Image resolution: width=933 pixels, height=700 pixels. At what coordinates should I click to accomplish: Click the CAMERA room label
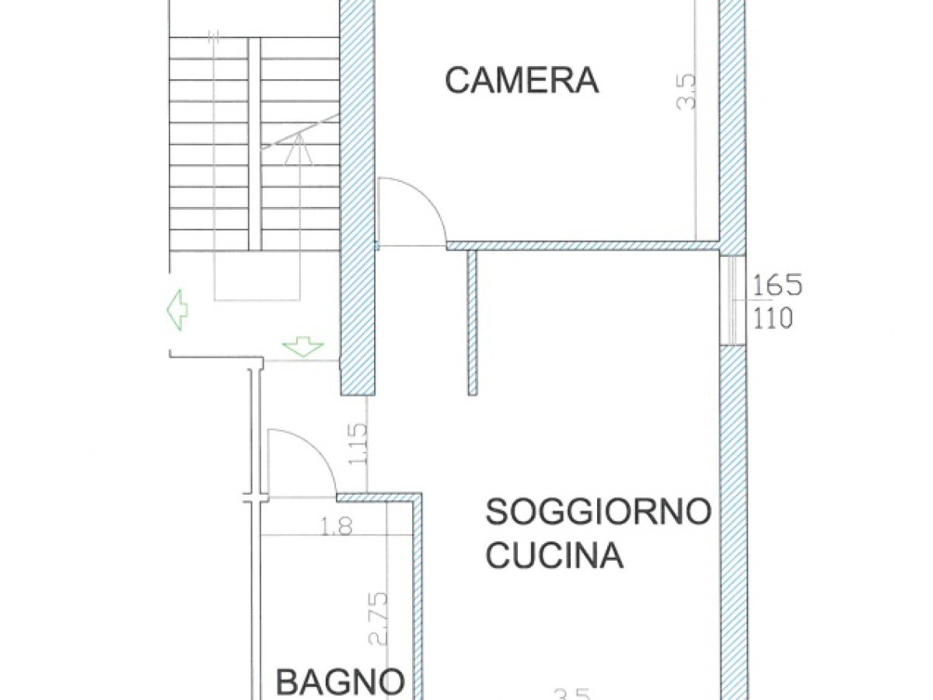point(521,80)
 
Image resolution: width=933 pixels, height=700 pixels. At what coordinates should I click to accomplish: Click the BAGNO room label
point(341,683)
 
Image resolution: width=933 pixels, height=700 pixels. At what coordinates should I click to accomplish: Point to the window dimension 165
point(776,285)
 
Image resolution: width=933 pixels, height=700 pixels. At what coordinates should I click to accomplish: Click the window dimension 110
point(772,318)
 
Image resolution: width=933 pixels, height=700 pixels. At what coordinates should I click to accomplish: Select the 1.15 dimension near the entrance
point(358,444)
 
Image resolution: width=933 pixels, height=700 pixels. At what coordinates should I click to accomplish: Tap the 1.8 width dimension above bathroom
point(335,527)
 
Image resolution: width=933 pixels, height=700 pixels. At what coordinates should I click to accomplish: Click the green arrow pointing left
point(177,309)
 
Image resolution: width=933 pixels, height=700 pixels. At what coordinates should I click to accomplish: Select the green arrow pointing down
point(302,346)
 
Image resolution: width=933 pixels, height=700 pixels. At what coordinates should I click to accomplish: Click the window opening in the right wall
point(732,299)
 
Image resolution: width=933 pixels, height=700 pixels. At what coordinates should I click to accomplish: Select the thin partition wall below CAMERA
point(472,323)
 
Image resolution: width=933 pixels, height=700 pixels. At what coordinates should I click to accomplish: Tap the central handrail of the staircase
point(254,144)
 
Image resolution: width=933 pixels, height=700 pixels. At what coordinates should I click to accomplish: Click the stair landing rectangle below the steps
point(257,276)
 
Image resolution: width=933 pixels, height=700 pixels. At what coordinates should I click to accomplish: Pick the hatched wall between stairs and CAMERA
point(358,194)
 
